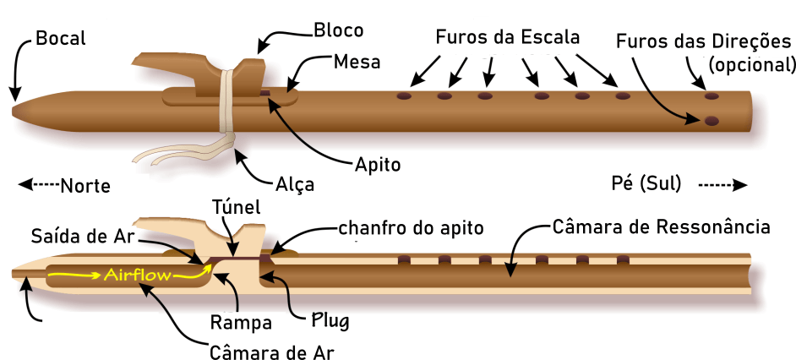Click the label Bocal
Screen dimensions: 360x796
[x=61, y=39]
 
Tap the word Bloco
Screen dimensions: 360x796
[x=338, y=31]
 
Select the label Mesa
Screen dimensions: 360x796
[x=357, y=63]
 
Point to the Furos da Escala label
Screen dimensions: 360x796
[x=508, y=38]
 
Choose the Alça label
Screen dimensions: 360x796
[x=295, y=183]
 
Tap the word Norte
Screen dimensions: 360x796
[x=86, y=185]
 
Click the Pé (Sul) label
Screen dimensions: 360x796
[x=646, y=183]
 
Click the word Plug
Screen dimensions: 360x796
[x=330, y=321]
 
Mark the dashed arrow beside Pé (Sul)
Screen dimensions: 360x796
[x=723, y=184]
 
